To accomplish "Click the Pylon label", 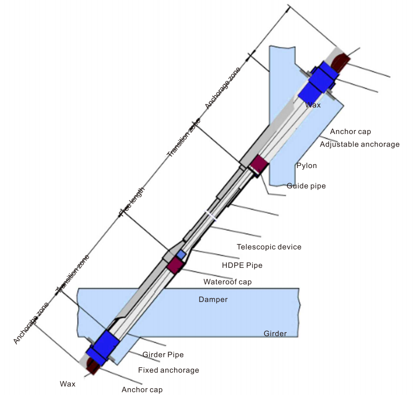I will (x=306, y=166).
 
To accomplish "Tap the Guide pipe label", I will (x=306, y=186).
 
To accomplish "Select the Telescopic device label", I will (x=269, y=247).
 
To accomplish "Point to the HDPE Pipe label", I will (x=242, y=265).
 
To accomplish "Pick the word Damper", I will (x=213, y=300).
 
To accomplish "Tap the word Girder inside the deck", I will (x=275, y=334).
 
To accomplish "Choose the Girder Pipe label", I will (x=163, y=355).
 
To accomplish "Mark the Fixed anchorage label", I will (x=169, y=370).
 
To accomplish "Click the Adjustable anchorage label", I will (x=359, y=144).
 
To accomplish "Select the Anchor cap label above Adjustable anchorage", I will (x=351, y=132).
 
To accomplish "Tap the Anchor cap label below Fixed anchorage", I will (x=142, y=390).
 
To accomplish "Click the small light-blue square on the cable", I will (x=181, y=254).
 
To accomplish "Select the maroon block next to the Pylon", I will (x=258, y=165).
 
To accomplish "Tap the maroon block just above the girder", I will (x=175, y=265).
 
